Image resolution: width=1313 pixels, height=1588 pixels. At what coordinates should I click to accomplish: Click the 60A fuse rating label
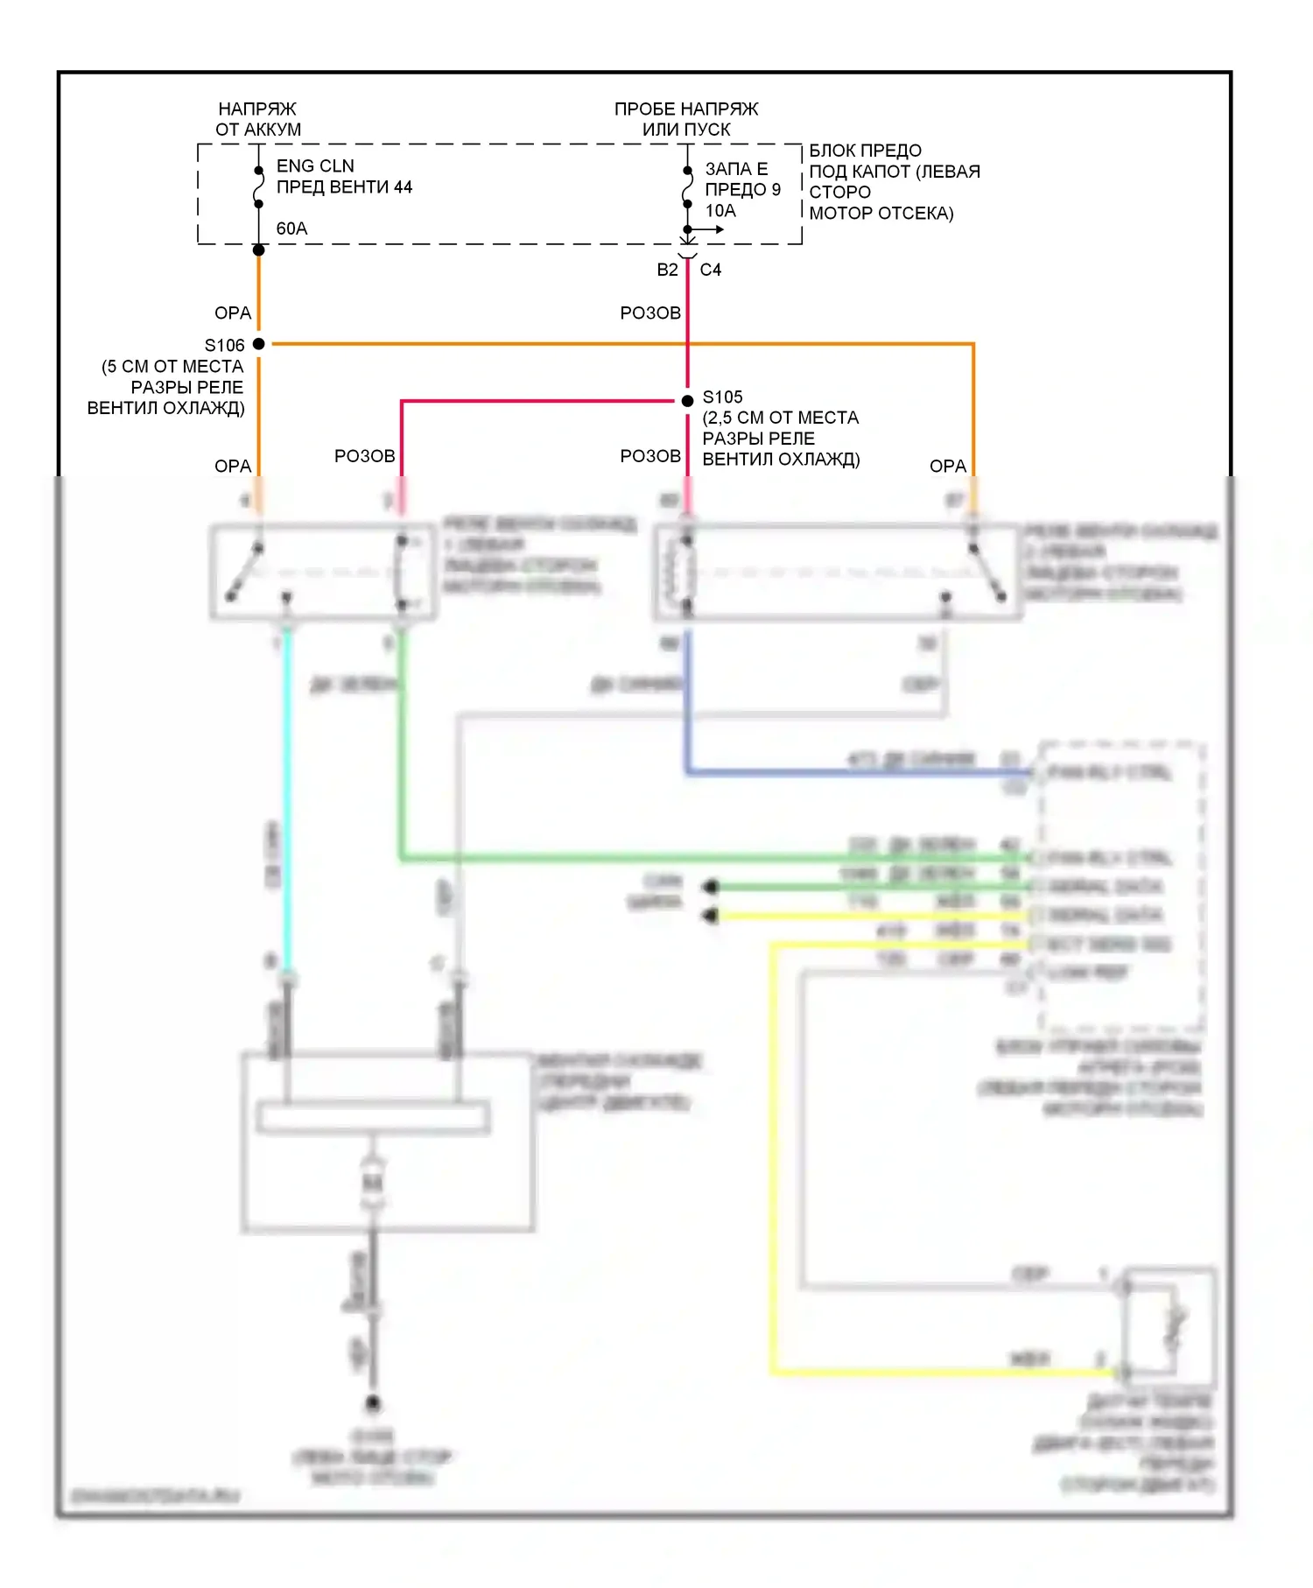(x=291, y=228)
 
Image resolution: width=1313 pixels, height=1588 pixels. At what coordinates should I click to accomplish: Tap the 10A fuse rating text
(x=720, y=211)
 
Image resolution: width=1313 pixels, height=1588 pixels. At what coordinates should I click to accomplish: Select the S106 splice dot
(x=259, y=344)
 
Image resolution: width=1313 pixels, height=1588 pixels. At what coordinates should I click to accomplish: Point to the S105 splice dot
(x=687, y=401)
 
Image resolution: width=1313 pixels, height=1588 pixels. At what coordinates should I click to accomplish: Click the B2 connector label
(x=667, y=270)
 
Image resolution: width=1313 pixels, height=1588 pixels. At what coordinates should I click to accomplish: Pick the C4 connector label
(x=710, y=270)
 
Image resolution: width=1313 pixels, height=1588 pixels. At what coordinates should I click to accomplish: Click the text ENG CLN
(x=315, y=166)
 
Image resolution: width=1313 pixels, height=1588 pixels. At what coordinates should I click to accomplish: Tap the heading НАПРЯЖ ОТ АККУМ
(x=257, y=119)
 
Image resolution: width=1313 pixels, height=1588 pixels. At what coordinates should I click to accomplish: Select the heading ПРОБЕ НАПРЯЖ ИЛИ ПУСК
(x=686, y=119)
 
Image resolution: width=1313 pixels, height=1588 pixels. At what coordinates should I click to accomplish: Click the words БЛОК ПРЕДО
(x=865, y=151)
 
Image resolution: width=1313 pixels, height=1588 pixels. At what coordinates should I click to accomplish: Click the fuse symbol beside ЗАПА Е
(x=687, y=188)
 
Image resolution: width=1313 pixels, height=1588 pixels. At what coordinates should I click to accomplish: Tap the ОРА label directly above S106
(x=233, y=313)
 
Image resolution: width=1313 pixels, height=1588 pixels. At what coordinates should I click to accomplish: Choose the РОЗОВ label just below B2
(x=650, y=313)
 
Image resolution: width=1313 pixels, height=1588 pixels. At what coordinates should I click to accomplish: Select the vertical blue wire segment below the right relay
(x=687, y=700)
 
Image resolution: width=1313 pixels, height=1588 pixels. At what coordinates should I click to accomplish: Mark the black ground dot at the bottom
(x=373, y=1403)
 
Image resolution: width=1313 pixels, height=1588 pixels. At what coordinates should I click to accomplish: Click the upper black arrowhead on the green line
(x=711, y=887)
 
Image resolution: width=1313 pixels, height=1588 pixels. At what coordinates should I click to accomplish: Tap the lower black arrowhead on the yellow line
(x=711, y=916)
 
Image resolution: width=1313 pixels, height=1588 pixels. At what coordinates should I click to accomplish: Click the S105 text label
(x=722, y=397)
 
